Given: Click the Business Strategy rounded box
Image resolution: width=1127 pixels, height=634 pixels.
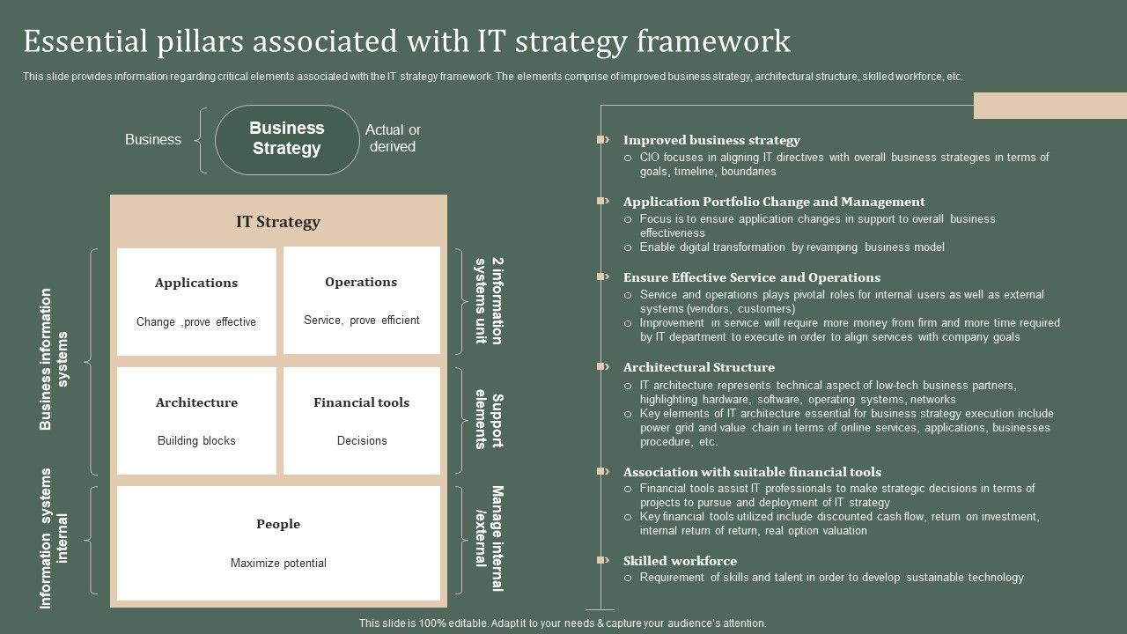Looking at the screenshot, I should (287, 139).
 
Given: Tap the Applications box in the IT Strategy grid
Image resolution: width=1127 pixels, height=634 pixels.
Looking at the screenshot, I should (196, 301).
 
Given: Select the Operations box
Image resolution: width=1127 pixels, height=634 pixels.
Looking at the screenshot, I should (361, 300).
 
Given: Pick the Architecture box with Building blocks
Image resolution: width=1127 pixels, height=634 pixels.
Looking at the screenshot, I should (196, 420).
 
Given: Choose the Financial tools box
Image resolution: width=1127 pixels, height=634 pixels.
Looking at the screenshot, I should (361, 420).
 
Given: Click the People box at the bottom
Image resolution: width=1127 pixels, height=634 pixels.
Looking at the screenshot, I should (278, 542).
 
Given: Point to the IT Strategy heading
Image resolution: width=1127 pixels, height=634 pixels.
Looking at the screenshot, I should (278, 222).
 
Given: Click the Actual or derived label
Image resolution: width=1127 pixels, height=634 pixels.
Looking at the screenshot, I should (393, 138).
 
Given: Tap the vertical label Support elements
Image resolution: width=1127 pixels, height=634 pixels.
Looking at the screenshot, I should (490, 421).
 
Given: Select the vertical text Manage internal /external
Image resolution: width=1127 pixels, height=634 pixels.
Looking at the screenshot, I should (490, 539).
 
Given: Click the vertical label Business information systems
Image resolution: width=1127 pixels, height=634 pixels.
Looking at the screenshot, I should (55, 359).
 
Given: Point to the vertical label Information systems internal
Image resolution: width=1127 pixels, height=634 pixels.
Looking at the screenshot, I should (55, 538).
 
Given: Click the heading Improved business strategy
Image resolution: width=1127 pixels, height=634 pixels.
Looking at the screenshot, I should (711, 140).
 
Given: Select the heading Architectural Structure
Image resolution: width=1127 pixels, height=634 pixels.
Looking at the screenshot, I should (699, 367).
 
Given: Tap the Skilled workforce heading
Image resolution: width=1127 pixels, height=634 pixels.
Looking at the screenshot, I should (680, 561).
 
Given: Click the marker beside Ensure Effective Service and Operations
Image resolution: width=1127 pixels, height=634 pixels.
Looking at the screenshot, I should (603, 276).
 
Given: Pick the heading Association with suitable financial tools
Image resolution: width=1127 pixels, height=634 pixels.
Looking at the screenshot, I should (752, 472).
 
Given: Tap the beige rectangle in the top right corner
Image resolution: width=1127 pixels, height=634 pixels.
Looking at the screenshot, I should (1050, 105).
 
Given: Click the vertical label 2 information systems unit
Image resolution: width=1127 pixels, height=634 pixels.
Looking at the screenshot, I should (490, 301).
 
